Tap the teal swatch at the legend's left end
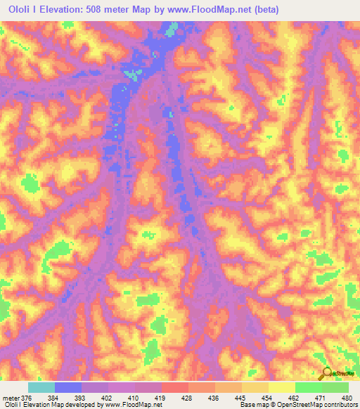coord(41,387)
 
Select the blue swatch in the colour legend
coord(68,387)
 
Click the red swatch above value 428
coord(175,387)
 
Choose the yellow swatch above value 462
coord(281,387)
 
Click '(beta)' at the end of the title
coord(267,10)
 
